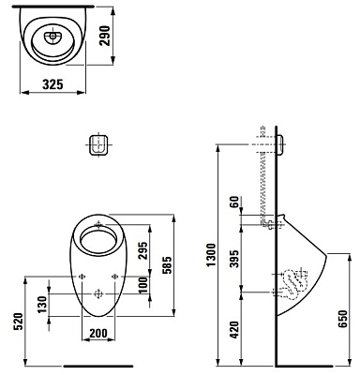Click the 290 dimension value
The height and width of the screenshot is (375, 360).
click(105, 36)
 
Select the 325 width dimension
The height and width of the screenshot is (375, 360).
click(52, 84)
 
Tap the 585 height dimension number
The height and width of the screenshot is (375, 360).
click(168, 265)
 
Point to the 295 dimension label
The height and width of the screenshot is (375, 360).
click(142, 250)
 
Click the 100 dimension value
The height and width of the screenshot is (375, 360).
click(142, 285)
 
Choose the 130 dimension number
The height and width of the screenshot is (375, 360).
click(42, 305)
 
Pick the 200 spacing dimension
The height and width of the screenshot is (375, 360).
click(98, 334)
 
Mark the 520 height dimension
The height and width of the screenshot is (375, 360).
click(18, 322)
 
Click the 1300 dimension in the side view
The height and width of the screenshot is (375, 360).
click(211, 255)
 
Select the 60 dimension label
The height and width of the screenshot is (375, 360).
click(234, 202)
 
